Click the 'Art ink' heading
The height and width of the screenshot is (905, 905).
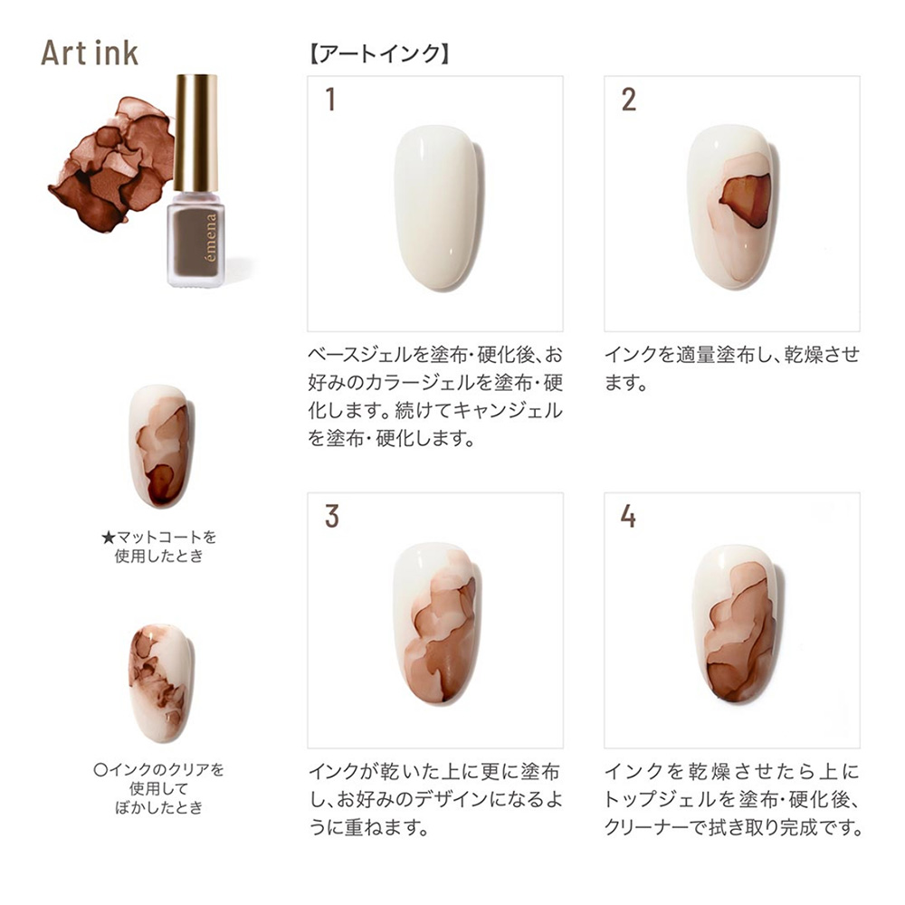(x=90, y=53)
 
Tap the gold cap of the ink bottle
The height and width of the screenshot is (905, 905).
(x=195, y=132)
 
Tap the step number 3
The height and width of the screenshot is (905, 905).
(x=331, y=516)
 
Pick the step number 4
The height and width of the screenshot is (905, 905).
(x=628, y=516)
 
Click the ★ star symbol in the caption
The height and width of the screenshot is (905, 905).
(x=108, y=538)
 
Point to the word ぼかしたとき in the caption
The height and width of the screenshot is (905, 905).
(x=159, y=807)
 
